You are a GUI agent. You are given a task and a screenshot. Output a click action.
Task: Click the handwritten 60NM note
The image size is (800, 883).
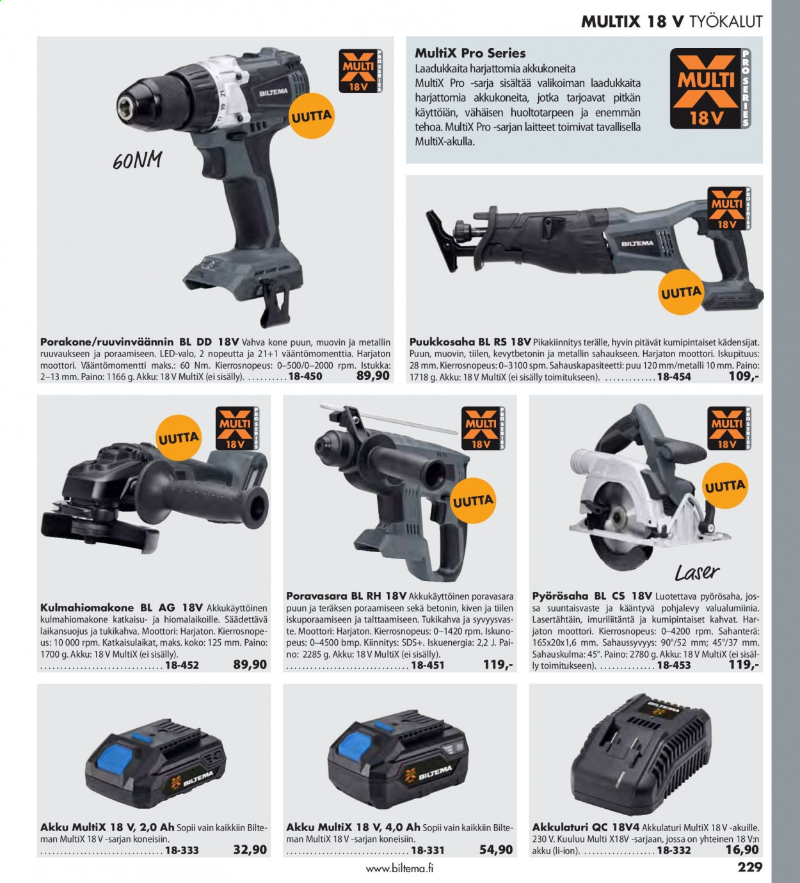pyautogui.click(x=138, y=160)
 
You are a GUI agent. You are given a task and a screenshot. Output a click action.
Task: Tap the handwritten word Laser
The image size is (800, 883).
pyautogui.click(x=697, y=572)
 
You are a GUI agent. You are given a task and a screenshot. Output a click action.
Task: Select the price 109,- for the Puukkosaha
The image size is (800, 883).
pyautogui.click(x=744, y=376)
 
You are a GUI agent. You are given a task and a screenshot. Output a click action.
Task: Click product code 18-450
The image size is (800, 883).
pyautogui.click(x=305, y=376)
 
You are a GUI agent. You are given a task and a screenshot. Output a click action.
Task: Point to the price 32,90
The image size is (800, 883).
pyautogui.click(x=250, y=849)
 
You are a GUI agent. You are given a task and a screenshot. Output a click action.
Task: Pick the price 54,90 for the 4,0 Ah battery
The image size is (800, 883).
pyautogui.click(x=496, y=849)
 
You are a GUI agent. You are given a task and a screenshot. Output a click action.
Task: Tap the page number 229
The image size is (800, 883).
pyautogui.click(x=750, y=867)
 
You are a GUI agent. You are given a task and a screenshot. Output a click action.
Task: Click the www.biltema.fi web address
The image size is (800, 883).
pyautogui.click(x=399, y=868)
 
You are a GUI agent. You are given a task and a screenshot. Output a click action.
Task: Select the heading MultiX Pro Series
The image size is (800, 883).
pyautogui.click(x=470, y=53)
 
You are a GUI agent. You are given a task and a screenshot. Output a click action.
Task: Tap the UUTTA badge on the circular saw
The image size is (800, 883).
pyautogui.click(x=724, y=486)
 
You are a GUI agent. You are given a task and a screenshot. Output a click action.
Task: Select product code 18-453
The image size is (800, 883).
pyautogui.click(x=674, y=665)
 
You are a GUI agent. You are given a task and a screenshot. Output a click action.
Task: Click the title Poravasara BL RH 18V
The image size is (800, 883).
pyautogui.click(x=346, y=596)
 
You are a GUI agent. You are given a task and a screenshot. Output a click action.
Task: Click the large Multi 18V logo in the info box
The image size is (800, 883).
pyautogui.click(x=710, y=88)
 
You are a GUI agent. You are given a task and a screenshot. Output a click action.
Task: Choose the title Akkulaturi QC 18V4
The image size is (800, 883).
pyautogui.click(x=587, y=827)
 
